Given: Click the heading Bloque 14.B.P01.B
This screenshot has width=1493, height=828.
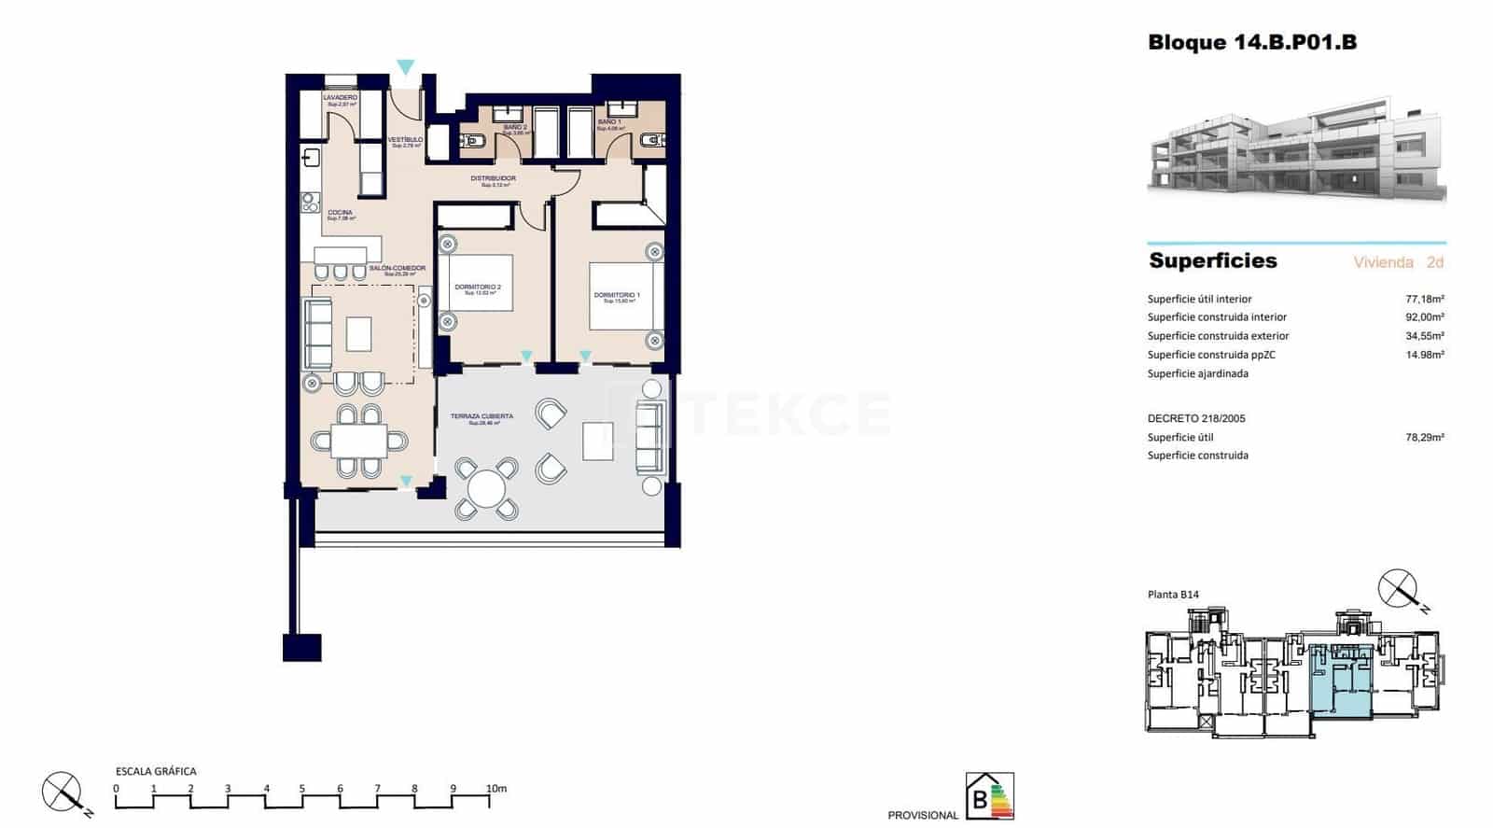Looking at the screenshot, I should [1251, 42].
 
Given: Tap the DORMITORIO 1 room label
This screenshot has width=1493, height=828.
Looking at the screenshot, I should [617, 296].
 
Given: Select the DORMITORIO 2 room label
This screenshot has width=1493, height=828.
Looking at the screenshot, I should [478, 288].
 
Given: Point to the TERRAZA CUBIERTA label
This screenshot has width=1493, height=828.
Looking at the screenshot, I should [481, 417].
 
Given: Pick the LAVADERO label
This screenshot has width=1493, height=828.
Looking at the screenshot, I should [340, 98].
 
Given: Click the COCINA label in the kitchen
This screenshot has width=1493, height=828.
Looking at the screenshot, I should [340, 213].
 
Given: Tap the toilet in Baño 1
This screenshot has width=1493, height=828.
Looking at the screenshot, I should [650, 141].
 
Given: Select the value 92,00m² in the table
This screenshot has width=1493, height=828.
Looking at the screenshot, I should [1424, 317].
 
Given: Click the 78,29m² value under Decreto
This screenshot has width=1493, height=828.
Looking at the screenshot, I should [1424, 437].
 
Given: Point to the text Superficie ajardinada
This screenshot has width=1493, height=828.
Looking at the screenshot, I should [1197, 373].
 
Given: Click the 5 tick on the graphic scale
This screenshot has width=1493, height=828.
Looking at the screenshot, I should [302, 789].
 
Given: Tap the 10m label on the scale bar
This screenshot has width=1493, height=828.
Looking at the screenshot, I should [495, 789].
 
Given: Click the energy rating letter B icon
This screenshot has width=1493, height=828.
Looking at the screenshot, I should [988, 798].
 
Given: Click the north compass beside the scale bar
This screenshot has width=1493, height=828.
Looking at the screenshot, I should [63, 793].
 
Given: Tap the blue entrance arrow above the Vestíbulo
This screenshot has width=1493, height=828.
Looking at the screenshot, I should [405, 67].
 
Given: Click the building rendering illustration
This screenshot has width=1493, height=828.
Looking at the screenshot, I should [1296, 149].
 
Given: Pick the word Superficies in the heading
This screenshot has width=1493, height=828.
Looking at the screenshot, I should [1212, 261].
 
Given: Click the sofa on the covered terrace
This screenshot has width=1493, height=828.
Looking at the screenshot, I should [649, 436].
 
